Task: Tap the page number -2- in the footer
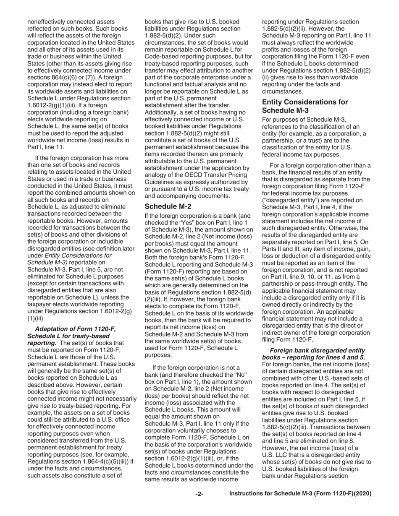coord(199,494)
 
